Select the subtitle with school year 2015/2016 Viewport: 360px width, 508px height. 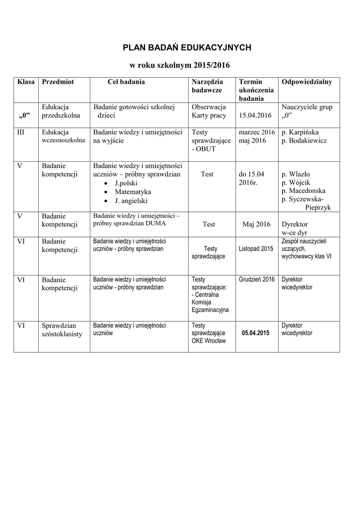pos(180,65)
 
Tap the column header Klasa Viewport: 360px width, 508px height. pos(26,82)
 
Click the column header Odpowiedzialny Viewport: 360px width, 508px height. pos(307,82)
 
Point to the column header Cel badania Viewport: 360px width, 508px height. pos(126,82)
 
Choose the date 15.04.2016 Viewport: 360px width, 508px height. pos(255,116)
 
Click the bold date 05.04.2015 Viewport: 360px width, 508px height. pos(256,333)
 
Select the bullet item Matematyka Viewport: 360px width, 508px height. pos(133,192)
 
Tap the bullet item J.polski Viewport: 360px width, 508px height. pos(129,183)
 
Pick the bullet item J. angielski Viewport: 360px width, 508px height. pos(131,201)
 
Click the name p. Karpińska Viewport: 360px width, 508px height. pos(300,132)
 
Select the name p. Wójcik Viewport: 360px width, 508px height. pos(296,183)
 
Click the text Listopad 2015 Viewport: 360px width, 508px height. pos(256,248)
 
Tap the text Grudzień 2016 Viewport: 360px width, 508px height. pos(256,280)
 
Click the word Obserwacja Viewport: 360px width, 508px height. pos(209,107)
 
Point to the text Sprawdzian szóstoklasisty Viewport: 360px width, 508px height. pos(62,330)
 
